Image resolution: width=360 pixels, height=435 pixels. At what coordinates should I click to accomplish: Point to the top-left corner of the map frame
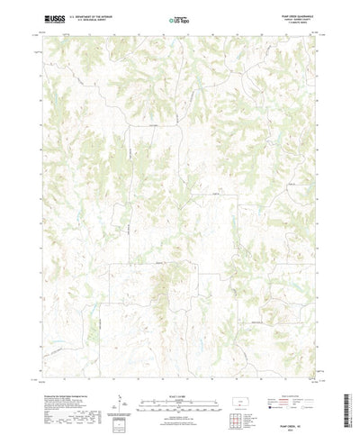coord(43,35)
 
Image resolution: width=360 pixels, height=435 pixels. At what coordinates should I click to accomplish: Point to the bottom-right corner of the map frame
coord(316,362)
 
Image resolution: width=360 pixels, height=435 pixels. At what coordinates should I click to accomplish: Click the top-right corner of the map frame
coord(316,35)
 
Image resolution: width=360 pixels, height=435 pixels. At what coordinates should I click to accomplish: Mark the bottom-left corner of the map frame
coord(43,362)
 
